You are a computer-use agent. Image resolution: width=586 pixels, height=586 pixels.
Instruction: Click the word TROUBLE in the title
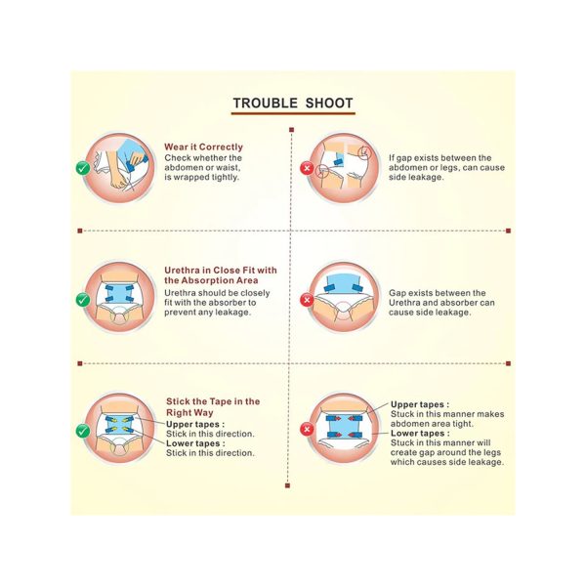(x=266, y=104)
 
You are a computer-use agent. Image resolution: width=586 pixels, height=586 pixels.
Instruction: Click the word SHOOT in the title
(x=329, y=104)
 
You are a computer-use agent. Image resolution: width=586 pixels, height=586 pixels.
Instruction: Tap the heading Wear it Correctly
(x=204, y=146)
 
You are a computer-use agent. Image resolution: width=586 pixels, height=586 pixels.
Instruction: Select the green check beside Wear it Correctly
(x=83, y=168)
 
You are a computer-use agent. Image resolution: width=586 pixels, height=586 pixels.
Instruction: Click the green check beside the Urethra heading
(x=83, y=300)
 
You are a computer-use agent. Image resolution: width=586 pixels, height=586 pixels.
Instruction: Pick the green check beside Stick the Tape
(x=83, y=431)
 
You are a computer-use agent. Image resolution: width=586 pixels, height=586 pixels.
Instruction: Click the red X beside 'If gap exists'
(x=307, y=168)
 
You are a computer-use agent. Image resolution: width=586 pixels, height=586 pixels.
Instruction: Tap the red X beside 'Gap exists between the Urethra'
(x=307, y=300)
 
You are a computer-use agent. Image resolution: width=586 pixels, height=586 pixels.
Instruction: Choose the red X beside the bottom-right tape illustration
(x=307, y=429)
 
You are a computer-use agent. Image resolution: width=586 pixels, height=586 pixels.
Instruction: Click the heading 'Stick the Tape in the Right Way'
(x=213, y=407)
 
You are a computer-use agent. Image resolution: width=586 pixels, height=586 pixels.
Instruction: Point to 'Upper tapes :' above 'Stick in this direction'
(x=195, y=425)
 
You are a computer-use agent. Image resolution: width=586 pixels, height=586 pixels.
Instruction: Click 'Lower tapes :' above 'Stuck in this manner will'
(x=420, y=434)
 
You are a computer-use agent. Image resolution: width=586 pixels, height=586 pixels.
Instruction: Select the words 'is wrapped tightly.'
(x=201, y=178)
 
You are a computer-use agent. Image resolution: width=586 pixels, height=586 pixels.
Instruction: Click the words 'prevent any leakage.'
(x=207, y=313)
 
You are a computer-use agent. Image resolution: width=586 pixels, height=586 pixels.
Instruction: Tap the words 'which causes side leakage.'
(x=447, y=462)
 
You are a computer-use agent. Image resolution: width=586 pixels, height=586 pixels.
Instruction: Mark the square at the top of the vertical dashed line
(x=291, y=130)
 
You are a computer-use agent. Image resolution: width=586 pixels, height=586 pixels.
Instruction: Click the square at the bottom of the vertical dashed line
(x=287, y=485)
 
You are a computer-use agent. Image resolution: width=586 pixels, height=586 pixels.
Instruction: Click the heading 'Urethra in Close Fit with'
(x=221, y=271)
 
